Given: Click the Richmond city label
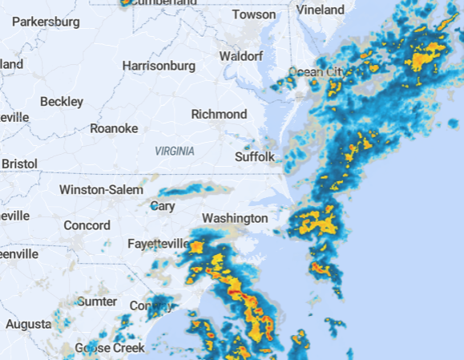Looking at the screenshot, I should pos(219,115).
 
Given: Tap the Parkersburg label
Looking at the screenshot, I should pos(46,22).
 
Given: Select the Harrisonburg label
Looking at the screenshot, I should pos(158,65).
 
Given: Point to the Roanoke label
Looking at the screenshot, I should pos(114,128).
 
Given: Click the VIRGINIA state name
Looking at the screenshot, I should pos(174,151).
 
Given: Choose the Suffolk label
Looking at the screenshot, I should pos(255,157).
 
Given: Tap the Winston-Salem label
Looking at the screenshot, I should pos(101,190).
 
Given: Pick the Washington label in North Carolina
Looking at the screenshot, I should pos(235,218).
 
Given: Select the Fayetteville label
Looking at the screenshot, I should pos(158,243).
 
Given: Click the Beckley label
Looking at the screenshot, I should pos(62,102).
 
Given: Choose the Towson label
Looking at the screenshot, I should pos(253,14).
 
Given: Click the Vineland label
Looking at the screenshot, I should pos(320,10).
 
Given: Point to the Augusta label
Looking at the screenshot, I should pos(28,325).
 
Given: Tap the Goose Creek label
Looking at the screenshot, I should pos(110,348).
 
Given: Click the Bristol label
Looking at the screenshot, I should pos(19,163).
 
